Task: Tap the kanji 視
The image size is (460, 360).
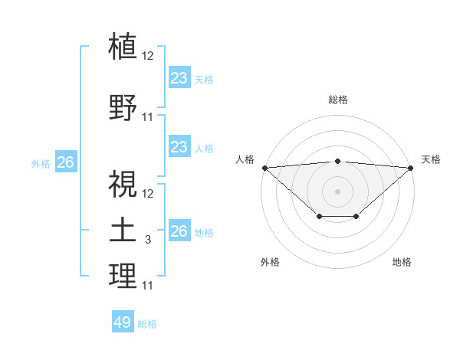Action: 123,183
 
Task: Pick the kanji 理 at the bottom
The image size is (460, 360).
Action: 123,276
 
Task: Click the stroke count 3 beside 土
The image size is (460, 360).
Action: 148,240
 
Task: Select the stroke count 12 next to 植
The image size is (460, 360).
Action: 148,55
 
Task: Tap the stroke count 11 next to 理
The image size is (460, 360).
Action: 148,286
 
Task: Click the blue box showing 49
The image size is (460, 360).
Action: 123,322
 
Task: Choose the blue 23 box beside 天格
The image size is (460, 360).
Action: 179,78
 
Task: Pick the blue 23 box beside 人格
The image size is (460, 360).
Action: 179,147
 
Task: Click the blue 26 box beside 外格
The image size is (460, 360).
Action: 65,162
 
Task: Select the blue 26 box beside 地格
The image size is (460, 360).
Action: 179,231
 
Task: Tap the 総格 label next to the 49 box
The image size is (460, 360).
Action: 147,324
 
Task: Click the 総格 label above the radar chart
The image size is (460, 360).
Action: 338,100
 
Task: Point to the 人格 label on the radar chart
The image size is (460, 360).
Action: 245,159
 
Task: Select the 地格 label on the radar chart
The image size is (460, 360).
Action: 402,262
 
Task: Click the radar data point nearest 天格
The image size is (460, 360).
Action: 411,167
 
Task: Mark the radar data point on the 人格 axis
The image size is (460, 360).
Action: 264,167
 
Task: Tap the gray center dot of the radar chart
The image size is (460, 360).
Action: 337,191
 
